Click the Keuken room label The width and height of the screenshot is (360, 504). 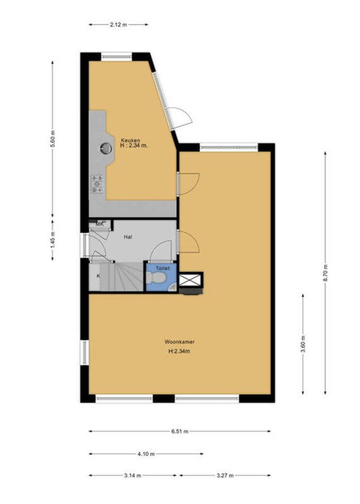[x=131, y=140]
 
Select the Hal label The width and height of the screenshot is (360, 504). [x=128, y=237]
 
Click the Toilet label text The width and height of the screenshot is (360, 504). [x=163, y=268]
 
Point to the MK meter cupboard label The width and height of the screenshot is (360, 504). [x=100, y=224]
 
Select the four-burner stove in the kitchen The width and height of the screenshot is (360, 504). [x=98, y=183]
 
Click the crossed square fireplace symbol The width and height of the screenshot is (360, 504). [x=190, y=279]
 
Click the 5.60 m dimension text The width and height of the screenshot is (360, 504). [x=54, y=138]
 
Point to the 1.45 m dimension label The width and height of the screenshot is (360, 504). [x=54, y=240]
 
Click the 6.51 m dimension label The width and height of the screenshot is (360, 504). [x=180, y=432]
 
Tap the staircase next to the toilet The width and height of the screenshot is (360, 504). [x=127, y=277]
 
